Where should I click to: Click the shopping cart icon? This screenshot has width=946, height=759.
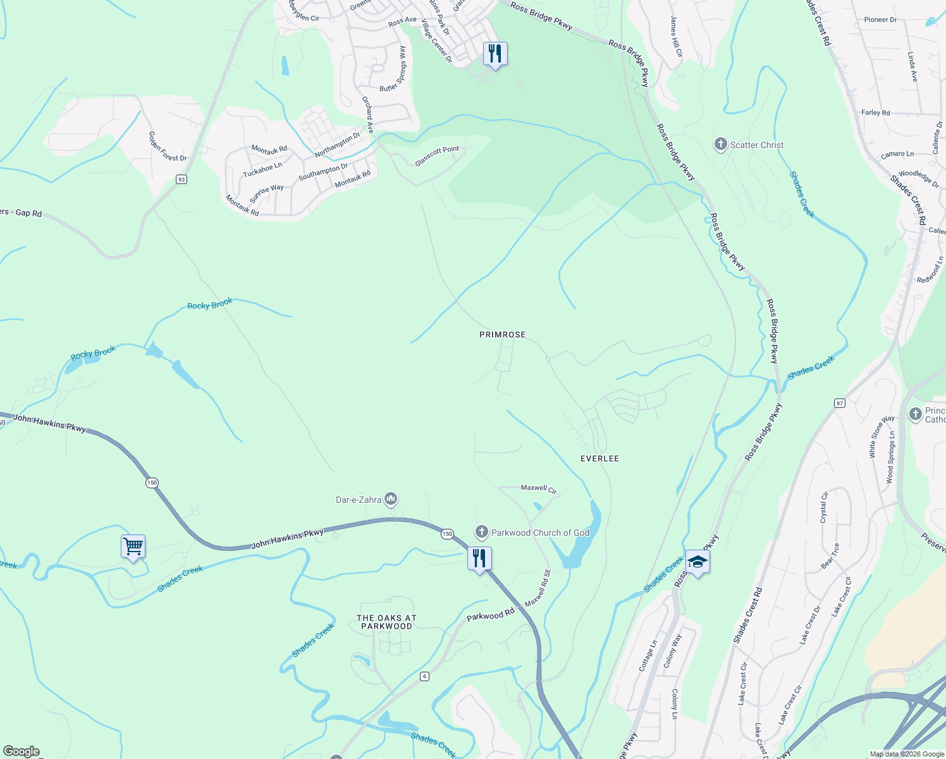[x=133, y=546]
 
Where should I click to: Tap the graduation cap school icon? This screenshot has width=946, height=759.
[x=697, y=562]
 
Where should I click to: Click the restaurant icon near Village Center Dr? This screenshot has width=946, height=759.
[x=495, y=53]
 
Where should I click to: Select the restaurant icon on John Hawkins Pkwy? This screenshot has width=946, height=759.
[x=479, y=558]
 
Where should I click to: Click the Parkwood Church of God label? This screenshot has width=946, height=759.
[x=540, y=533]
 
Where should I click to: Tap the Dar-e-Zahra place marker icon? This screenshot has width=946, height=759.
[x=391, y=500]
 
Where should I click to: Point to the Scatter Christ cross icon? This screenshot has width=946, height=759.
[x=720, y=145]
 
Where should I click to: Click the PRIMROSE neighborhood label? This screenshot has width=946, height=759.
[x=502, y=335]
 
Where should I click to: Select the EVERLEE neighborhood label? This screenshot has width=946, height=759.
[x=599, y=459]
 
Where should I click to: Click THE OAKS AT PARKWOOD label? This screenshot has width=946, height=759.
[x=386, y=622]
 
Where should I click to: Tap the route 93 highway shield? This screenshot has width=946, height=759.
[x=181, y=180]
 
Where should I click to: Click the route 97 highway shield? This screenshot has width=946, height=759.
[x=840, y=403]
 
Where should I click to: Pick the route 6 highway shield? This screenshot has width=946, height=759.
[x=424, y=676]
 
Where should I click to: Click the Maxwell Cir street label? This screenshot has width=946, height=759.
[x=538, y=488]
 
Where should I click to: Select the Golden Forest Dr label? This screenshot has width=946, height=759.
[x=168, y=146]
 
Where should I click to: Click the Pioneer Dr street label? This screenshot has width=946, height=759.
[x=880, y=20]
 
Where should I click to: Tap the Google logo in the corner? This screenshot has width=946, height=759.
[x=21, y=751]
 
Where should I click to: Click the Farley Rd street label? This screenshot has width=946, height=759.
[x=875, y=113]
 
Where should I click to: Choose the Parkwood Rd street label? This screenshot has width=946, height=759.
[x=490, y=615]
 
